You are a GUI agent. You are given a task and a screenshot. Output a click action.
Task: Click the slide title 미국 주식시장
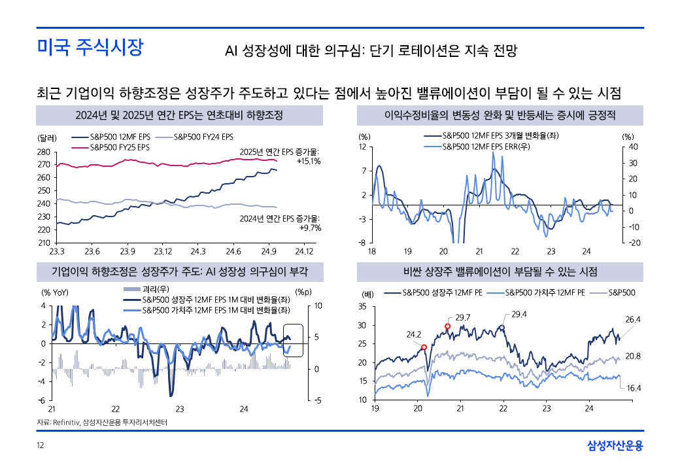click(90, 48)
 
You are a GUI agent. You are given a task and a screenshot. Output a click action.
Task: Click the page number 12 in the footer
click(40, 446)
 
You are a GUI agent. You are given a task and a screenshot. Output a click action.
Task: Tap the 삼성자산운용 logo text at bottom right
click(615, 446)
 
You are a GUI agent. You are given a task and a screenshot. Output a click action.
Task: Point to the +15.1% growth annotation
click(308, 161)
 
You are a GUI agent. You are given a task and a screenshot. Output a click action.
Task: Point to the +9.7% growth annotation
click(310, 228)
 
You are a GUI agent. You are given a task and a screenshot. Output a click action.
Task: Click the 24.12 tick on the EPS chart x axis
click(305, 251)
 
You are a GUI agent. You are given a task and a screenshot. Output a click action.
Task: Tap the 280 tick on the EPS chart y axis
click(44, 152)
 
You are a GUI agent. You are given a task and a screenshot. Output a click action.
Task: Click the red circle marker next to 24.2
click(424, 347)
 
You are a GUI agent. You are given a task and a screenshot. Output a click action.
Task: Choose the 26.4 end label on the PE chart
click(633, 320)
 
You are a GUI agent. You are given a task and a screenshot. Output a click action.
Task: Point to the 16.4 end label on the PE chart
click(634, 388)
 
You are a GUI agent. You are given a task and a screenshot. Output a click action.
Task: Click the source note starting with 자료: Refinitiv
click(101, 423)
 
